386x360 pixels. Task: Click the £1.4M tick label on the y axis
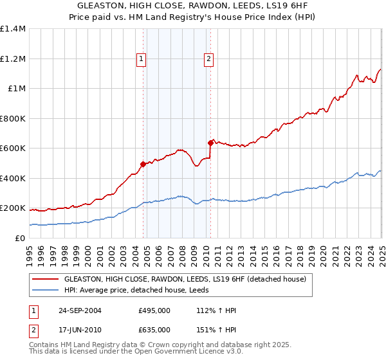tap(13, 29)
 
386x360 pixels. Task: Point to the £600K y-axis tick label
tap(13, 148)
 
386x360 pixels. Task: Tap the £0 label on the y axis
tap(21, 238)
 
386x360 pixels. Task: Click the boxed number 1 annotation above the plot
tap(141, 59)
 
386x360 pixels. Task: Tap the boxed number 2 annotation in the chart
tap(209, 59)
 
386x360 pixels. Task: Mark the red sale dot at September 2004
tap(143, 164)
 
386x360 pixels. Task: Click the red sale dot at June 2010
tap(210, 143)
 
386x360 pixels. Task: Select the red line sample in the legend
tap(45, 279)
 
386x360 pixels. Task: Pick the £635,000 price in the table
tap(154, 330)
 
